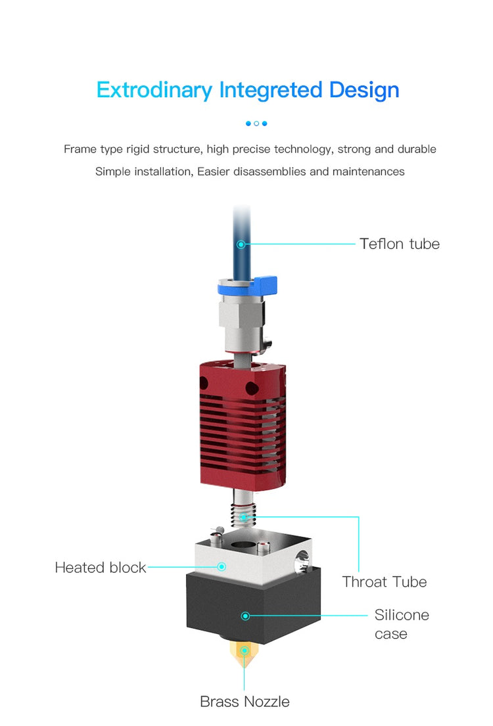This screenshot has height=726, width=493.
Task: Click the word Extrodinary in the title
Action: (x=154, y=90)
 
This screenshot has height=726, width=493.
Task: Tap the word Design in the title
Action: (x=364, y=90)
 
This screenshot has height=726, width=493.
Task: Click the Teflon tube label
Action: (x=400, y=244)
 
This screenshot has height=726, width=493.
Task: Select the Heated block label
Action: (x=101, y=567)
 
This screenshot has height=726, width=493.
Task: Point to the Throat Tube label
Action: (x=385, y=581)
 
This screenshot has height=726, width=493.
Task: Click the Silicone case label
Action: (x=402, y=624)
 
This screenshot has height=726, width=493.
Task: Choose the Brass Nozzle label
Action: (x=245, y=702)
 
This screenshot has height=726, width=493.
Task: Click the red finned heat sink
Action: (x=243, y=424)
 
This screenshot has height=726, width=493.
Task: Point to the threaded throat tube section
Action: (x=244, y=515)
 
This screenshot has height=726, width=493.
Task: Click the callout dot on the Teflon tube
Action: (x=241, y=244)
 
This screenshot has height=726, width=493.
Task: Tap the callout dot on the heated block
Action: (x=222, y=567)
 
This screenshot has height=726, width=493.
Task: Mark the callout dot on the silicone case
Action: (x=246, y=616)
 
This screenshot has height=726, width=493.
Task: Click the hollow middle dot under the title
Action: (x=256, y=124)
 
